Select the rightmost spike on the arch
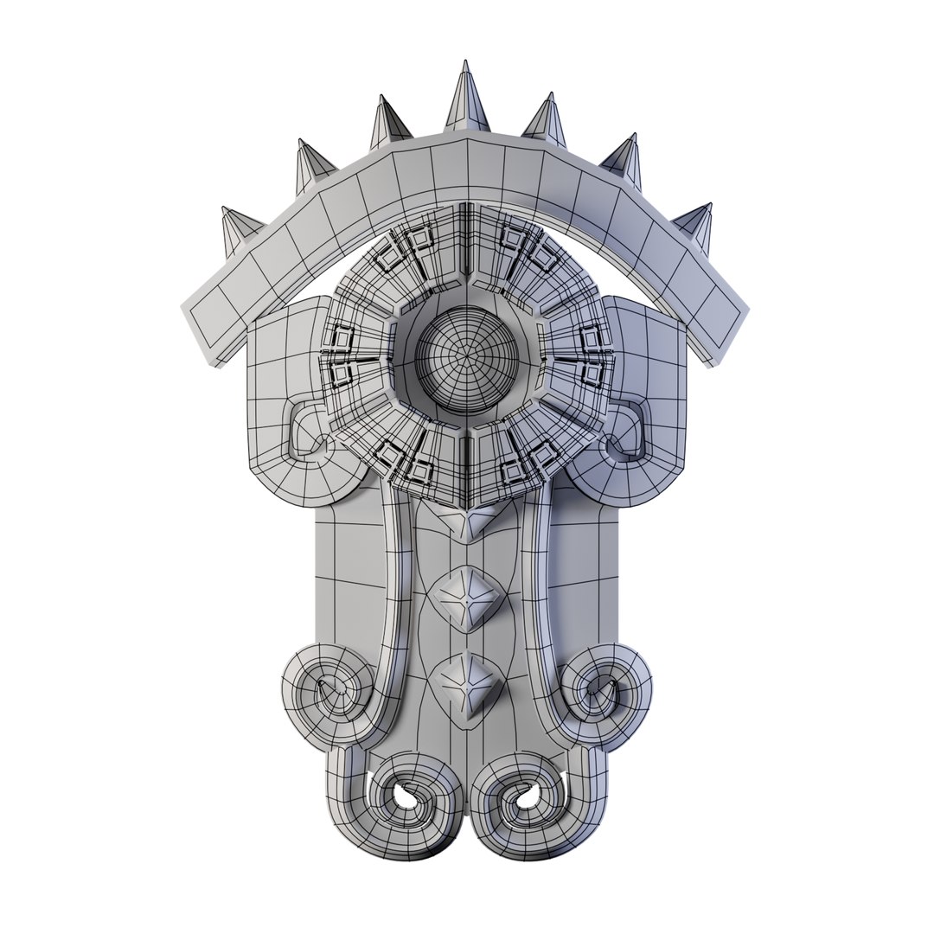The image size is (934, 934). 696,227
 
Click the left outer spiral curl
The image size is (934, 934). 327,692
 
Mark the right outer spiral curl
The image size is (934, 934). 605,692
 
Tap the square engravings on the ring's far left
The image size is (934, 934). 342,355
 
